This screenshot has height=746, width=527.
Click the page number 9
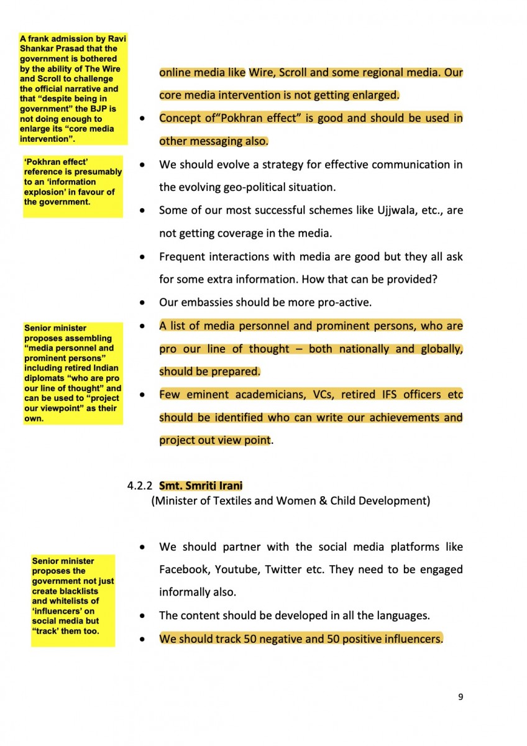pyautogui.click(x=461, y=697)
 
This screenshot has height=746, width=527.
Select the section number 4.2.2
pyautogui.click(x=140, y=486)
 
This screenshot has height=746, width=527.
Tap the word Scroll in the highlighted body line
pyautogui.click(x=293, y=72)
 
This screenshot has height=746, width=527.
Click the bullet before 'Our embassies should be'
pyautogui.click(x=143, y=303)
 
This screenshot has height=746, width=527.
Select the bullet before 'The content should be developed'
pyautogui.click(x=143, y=616)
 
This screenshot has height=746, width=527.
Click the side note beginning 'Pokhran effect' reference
pyautogui.click(x=73, y=182)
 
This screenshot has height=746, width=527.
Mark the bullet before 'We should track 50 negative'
pyautogui.click(x=143, y=639)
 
